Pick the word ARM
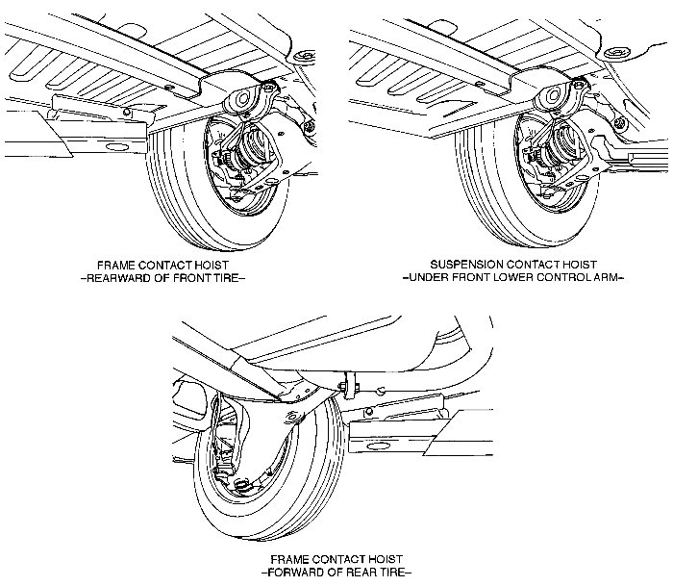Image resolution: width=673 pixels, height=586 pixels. (611, 278)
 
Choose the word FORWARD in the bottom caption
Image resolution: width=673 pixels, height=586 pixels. (305, 573)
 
